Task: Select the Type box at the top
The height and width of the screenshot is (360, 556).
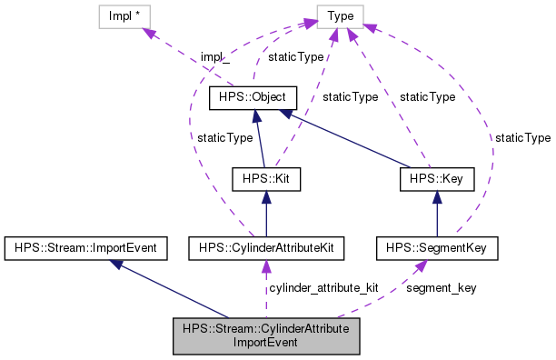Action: click(336, 15)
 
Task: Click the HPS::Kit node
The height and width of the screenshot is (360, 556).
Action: click(265, 179)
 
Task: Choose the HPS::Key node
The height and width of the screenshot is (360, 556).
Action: click(438, 179)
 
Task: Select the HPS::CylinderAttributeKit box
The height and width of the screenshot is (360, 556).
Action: click(265, 246)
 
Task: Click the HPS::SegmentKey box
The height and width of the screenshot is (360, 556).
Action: click(436, 246)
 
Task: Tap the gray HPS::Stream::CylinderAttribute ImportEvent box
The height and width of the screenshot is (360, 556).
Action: click(266, 335)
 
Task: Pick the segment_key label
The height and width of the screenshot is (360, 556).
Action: click(442, 288)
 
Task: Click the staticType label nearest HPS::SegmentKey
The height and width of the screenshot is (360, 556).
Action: click(521, 137)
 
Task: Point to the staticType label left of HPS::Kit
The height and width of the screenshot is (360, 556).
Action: click(224, 137)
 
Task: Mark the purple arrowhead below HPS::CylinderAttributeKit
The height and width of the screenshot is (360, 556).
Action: click(265, 265)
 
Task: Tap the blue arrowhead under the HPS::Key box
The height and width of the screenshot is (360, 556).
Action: click(437, 196)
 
